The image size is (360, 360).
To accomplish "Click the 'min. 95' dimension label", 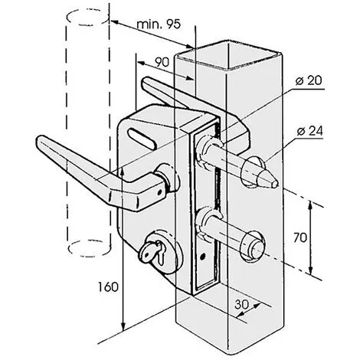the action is tap(159, 25).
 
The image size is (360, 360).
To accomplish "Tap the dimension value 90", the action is tap(162, 62).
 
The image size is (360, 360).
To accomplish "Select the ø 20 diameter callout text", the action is tap(309, 80).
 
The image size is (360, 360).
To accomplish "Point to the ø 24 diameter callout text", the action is tap(310, 131).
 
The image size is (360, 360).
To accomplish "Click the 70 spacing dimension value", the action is tap(300, 237).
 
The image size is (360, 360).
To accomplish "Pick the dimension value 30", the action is tap(241, 304).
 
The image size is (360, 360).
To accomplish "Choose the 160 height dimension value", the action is tap(109, 287).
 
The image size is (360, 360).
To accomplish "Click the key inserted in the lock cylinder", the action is tap(152, 251).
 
